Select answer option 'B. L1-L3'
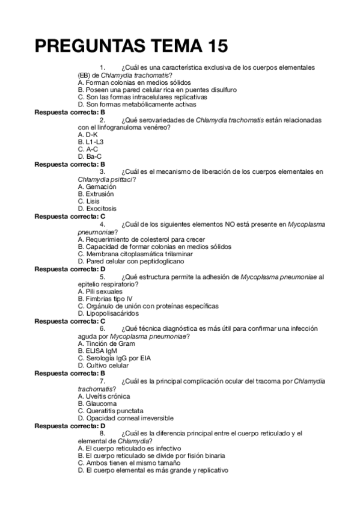(91, 141)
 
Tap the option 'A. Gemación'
(97, 187)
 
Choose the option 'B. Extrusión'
(96, 194)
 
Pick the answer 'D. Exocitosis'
(98, 209)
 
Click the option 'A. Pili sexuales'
(100, 291)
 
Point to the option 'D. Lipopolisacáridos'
(109, 313)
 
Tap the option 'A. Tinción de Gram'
(105, 343)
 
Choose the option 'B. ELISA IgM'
(97, 351)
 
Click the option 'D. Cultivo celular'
(103, 365)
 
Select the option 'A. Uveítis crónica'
(104, 396)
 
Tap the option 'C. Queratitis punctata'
(111, 410)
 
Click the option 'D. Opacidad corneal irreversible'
(126, 417)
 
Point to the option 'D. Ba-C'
(90, 156)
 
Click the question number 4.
(103, 224)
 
